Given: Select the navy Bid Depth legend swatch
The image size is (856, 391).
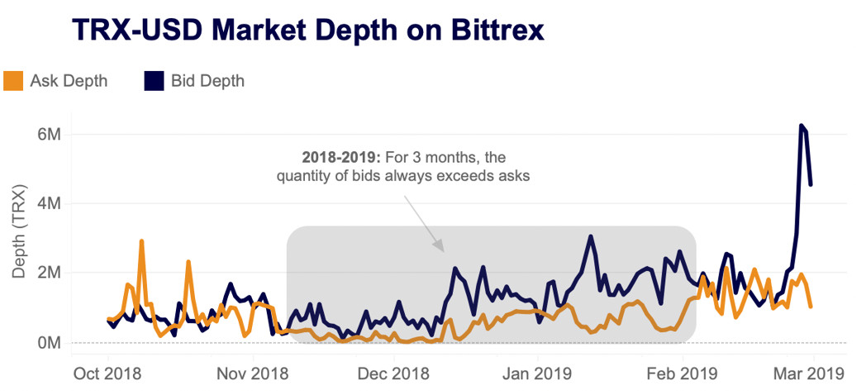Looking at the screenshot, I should [x=155, y=81].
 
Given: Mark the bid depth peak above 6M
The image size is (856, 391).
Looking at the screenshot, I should [x=801, y=126].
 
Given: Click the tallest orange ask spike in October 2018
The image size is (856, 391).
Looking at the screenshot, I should [x=141, y=241].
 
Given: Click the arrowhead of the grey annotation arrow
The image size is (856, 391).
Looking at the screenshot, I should [x=442, y=250].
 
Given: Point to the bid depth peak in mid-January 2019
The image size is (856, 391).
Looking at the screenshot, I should [x=591, y=236].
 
